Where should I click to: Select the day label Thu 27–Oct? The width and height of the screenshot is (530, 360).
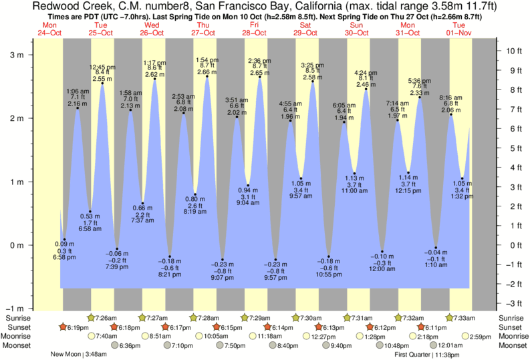coord(203,29)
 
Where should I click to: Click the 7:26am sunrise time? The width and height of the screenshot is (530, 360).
coord(106,317)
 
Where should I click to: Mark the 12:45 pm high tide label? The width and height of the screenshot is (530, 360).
coord(102,73)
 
